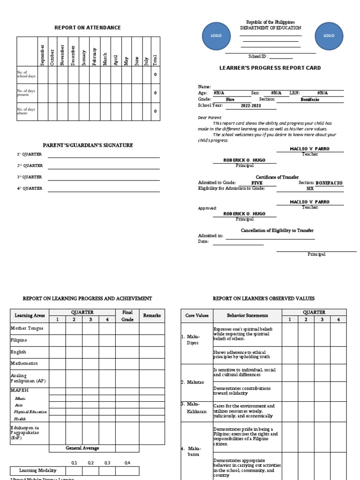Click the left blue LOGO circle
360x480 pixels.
coord(216,36)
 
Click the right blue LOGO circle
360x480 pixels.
coord(329,36)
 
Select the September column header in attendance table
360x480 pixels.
coord(43,54)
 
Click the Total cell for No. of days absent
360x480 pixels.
coord(155,112)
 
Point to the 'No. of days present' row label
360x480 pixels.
coord(26,93)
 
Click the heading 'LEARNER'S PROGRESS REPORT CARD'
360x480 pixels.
coord(270,68)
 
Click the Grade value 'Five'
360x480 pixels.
coord(230,99)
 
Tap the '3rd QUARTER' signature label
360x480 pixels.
coord(30,177)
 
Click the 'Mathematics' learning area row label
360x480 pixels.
coord(24,363)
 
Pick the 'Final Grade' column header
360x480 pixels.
coord(127,315)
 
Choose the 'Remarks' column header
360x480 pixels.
coord(152,315)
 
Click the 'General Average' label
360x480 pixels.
coord(82,448)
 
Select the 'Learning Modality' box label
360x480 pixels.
coord(37,471)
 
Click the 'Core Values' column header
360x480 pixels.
coord(197,315)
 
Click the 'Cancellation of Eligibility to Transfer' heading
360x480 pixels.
coord(277,230)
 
